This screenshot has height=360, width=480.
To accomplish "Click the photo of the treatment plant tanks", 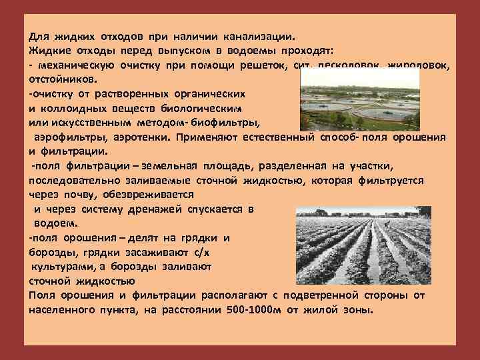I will pyautogui.click(x=360, y=100).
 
